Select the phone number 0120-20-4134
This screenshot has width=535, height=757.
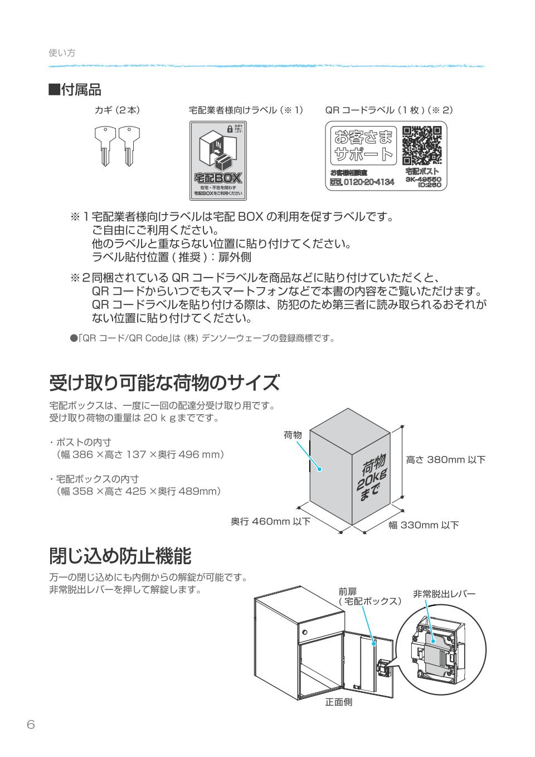pyautogui.click(x=368, y=182)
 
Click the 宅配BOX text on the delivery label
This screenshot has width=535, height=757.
pyautogui.click(x=218, y=178)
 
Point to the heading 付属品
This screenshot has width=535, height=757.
pyautogui.click(x=75, y=89)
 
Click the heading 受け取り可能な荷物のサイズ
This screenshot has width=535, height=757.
pyautogui.click(x=164, y=383)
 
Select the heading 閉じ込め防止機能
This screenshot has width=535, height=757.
pyautogui.click(x=120, y=556)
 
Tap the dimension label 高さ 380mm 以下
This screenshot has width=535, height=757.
pyautogui.click(x=445, y=460)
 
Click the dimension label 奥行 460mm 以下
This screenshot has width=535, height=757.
pyautogui.click(x=270, y=522)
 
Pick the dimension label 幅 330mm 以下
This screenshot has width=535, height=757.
pyautogui.click(x=424, y=525)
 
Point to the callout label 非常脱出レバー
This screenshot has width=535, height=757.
pyautogui.click(x=444, y=594)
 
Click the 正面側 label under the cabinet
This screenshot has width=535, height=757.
pyautogui.click(x=338, y=702)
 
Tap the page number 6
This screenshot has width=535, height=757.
pyautogui.click(x=31, y=725)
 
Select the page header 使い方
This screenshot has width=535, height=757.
pyautogui.click(x=62, y=53)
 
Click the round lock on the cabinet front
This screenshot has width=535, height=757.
pyautogui.click(x=304, y=632)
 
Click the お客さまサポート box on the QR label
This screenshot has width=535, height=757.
pyautogui.click(x=363, y=145)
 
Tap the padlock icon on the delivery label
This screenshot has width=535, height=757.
pyautogui.click(x=229, y=128)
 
